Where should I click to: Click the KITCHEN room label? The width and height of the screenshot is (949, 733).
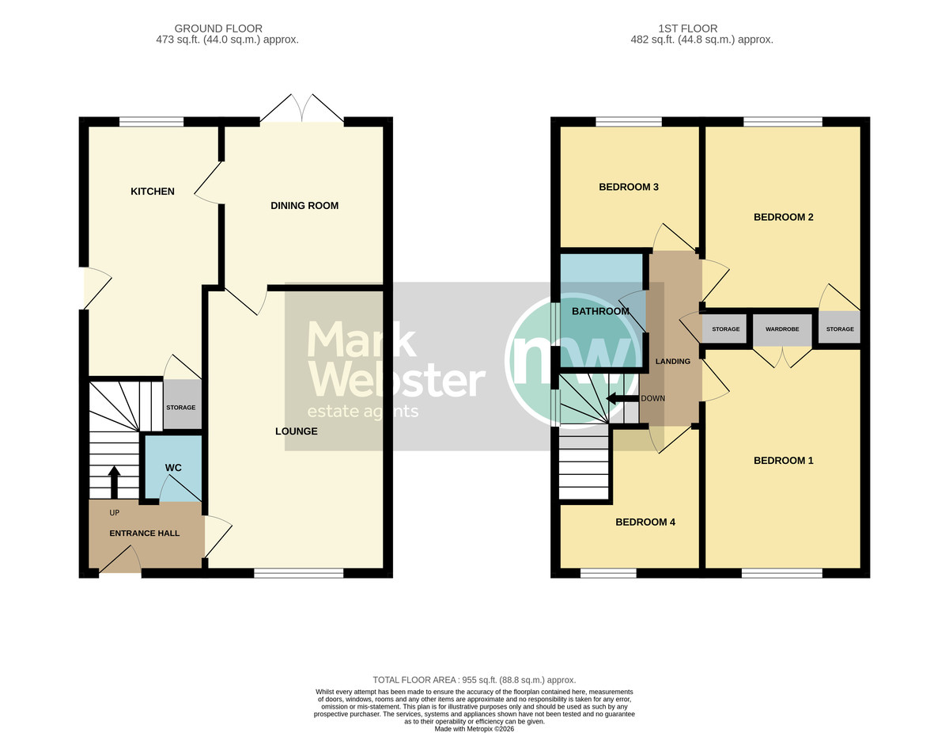(153, 192)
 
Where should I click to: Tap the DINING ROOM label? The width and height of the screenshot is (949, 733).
(304, 206)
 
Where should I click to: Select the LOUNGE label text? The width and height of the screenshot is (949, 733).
(296, 431)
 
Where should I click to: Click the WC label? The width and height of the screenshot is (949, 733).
(173, 468)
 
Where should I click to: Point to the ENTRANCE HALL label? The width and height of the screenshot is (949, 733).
(145, 534)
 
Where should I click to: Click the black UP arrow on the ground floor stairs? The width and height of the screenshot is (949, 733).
(114, 482)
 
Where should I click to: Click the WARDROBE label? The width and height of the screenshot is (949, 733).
(782, 329)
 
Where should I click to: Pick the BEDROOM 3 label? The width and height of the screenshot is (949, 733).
(629, 187)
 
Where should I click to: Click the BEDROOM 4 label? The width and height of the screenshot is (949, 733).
(645, 522)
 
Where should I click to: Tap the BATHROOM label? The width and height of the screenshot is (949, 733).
(600, 311)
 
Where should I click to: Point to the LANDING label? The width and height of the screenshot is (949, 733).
(672, 362)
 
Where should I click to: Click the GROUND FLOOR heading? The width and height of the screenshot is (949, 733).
(218, 28)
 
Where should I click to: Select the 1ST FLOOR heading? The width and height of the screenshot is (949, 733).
(688, 28)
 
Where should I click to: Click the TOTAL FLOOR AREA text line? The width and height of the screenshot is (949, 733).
(475, 680)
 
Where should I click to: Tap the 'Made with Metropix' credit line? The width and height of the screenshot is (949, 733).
(475, 729)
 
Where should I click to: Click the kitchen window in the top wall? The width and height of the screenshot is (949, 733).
(152, 122)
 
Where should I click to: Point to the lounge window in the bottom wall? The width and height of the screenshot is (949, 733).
(299, 573)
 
